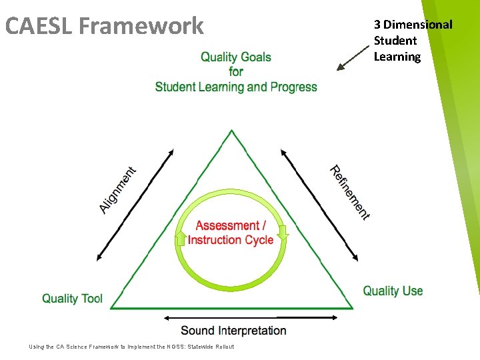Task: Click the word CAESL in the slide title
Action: tap(38, 26)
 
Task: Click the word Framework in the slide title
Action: tap(141, 26)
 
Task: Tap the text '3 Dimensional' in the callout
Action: tap(413, 25)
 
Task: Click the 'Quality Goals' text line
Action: tap(236, 57)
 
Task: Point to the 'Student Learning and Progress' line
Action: tap(236, 87)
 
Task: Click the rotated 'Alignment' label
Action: tap(118, 190)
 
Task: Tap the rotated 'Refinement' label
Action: tap(350, 192)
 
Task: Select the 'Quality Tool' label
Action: tap(72, 298)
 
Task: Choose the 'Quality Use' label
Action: tap(393, 291)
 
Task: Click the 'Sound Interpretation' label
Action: tap(233, 330)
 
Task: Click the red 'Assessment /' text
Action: tap(231, 226)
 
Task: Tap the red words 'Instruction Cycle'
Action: tap(231, 240)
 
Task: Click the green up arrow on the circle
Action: tap(180, 237)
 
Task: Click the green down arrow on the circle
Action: tap(283, 233)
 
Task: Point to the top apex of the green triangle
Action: tap(231, 131)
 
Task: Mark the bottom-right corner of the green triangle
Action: tap(351, 308)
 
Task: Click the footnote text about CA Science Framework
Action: tap(132, 347)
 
